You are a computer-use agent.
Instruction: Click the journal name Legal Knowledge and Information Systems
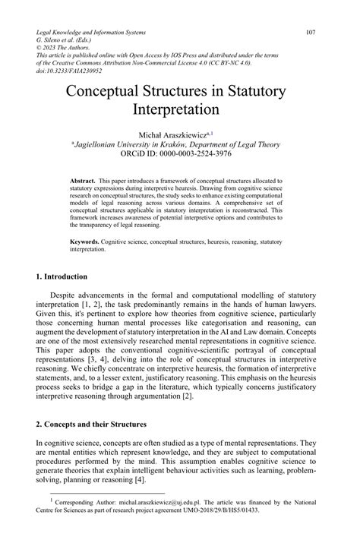click(x=101, y=33)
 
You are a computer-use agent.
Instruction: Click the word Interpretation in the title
click(x=179, y=111)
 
